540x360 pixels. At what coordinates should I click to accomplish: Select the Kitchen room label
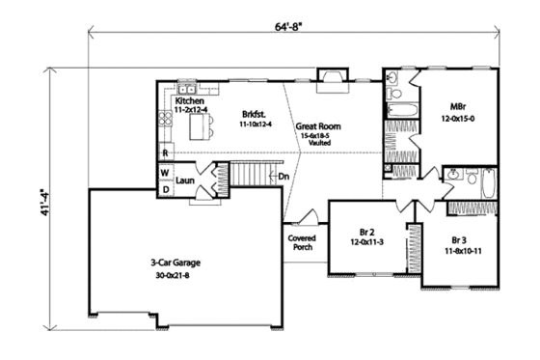(x=190, y=100)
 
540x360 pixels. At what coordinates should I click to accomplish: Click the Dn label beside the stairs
(x=283, y=177)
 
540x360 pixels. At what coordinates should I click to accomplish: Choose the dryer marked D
(x=165, y=189)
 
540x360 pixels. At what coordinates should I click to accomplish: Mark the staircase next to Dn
(x=249, y=177)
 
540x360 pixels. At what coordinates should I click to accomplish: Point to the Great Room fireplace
(x=333, y=78)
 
